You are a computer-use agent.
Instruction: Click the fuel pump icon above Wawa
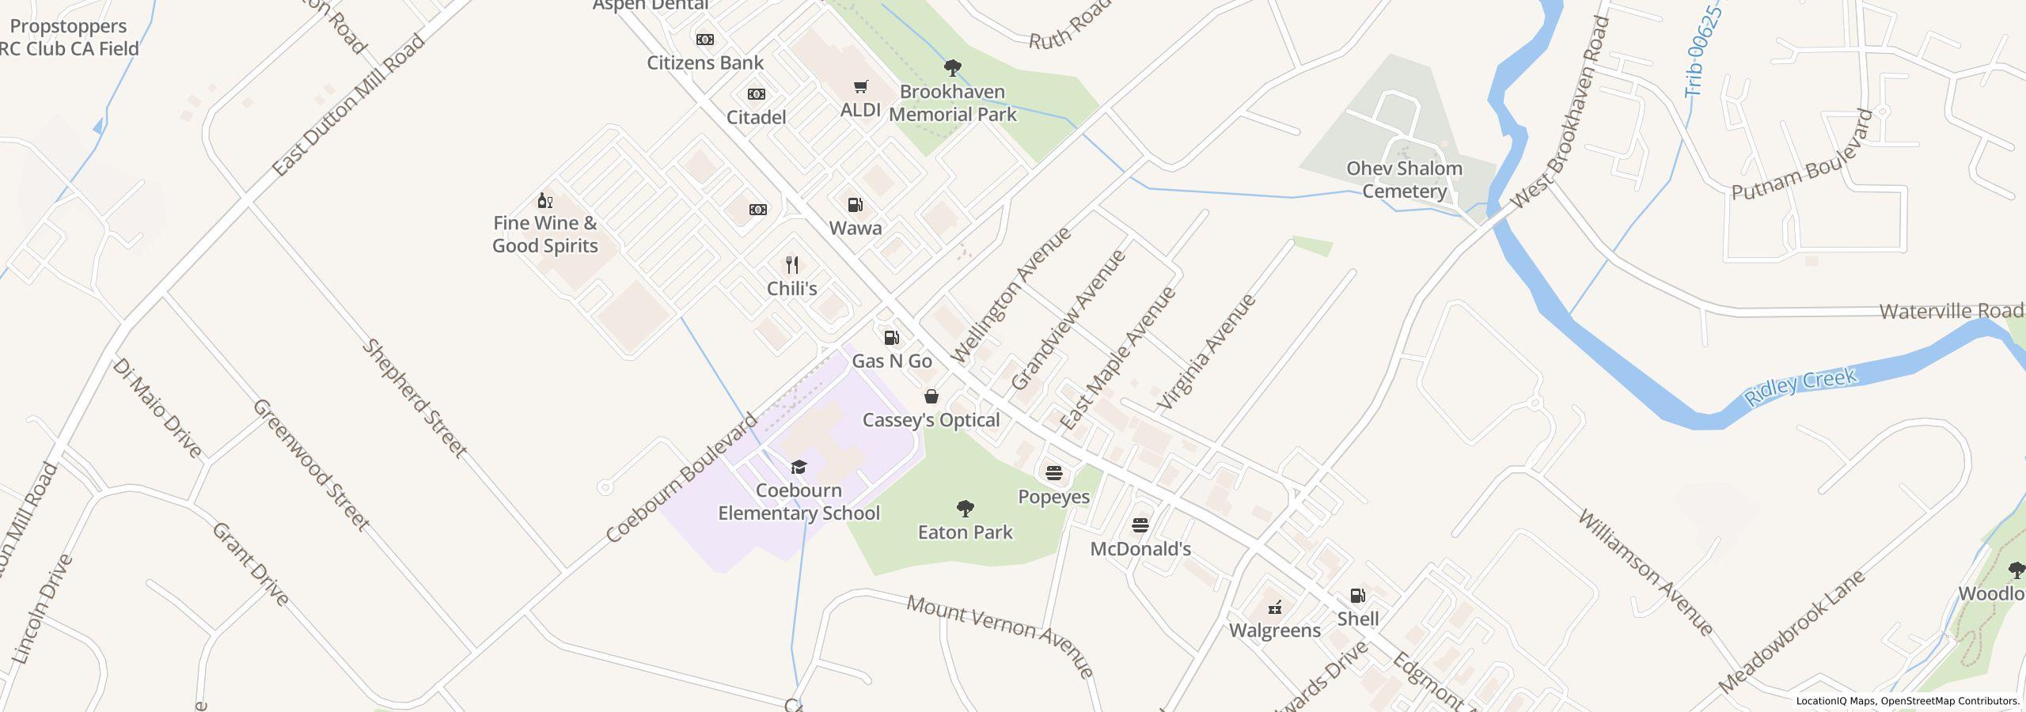tap(855, 205)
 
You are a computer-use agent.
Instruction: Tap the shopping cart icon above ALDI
tap(860, 87)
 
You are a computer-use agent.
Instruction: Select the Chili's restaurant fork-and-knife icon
tap(791, 265)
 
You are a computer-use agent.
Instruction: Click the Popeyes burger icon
tap(1053, 474)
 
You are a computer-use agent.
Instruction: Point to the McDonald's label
tap(1140, 549)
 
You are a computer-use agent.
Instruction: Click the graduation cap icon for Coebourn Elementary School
tap(799, 468)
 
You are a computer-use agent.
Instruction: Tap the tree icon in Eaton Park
tap(965, 509)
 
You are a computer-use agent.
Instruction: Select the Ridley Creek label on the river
tap(1800, 387)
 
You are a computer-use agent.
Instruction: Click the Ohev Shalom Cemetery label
tap(1404, 180)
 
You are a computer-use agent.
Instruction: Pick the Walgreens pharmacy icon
tap(1274, 608)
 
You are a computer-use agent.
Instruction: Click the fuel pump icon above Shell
tap(1357, 596)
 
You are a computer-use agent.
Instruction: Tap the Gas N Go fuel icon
tap(891, 338)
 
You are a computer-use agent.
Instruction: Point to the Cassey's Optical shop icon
tap(931, 397)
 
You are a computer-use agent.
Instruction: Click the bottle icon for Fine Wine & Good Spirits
tap(544, 200)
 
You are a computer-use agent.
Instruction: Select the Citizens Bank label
tap(705, 62)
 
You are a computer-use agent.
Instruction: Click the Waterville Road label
tap(1950, 311)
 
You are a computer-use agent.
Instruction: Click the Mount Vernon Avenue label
tap(1000, 636)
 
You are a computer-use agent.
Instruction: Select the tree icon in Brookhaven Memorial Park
tap(953, 68)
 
